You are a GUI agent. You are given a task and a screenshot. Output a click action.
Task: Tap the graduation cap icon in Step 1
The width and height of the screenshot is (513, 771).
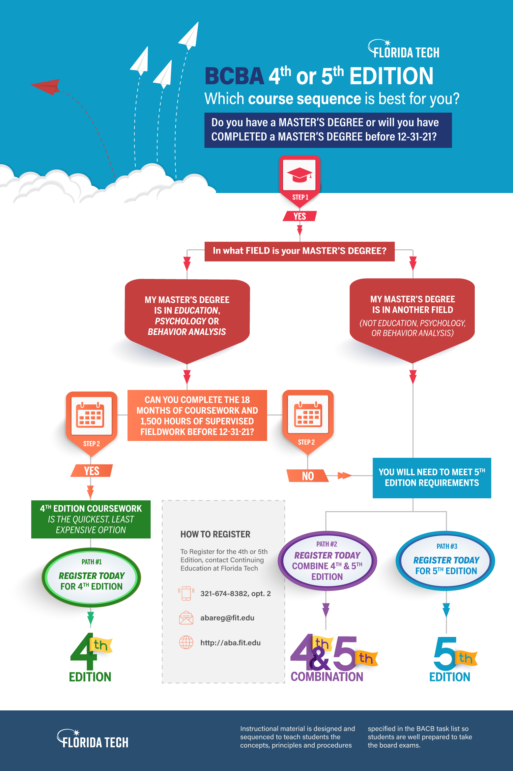coord(299,175)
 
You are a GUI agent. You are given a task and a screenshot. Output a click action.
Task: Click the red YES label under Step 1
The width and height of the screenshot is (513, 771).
coord(299,216)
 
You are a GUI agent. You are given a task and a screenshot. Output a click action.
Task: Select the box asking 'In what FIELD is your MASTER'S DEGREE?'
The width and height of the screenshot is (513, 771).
coord(299,251)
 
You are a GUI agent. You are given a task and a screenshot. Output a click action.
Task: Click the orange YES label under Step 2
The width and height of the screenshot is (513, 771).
coord(92,471)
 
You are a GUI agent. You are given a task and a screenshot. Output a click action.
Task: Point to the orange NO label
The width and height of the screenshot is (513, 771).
coord(308,476)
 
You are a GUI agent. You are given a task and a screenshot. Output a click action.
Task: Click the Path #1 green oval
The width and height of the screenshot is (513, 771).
coord(91,577)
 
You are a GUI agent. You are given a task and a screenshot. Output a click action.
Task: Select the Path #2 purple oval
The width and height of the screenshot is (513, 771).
coord(327,561)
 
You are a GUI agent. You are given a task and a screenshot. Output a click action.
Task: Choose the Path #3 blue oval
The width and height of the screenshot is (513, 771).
coord(446,561)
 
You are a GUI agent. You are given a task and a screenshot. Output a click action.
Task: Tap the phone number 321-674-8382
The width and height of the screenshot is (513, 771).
coord(235,593)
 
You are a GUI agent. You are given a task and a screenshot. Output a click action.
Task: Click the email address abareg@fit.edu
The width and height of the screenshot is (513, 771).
coord(227,618)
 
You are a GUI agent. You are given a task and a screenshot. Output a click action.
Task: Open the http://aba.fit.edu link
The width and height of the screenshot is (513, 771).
coord(230,643)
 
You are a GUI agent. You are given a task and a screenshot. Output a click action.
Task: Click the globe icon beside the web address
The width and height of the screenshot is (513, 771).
coord(186,642)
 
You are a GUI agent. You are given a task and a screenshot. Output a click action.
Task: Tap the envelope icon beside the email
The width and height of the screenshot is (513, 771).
coord(186,618)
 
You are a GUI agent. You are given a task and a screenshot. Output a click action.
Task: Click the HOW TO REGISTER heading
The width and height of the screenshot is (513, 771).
coord(215,534)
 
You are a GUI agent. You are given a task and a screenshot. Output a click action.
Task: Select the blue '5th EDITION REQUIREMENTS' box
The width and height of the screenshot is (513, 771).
coord(432,478)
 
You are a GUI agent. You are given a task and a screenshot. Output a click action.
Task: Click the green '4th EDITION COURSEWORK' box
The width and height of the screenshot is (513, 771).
coord(91,519)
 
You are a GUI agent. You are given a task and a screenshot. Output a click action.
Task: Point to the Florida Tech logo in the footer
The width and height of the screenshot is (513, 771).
coord(93,739)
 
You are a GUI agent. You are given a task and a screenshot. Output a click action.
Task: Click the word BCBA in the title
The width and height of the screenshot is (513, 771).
coord(234,76)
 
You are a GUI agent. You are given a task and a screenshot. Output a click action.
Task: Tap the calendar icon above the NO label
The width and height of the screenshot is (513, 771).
coord(308,414)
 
